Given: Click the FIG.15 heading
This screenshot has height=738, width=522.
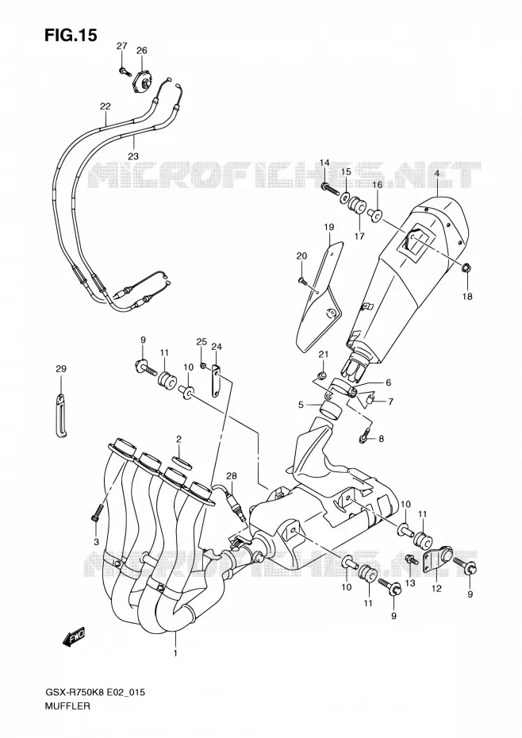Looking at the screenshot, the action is coord(71,34).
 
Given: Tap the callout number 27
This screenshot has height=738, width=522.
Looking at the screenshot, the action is coord(122,46).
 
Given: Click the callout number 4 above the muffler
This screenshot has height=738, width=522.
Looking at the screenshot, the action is coord(437,173).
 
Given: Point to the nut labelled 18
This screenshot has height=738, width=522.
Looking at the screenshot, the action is coord(467,269).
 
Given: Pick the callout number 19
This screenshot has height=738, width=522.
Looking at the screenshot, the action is coord(328,227).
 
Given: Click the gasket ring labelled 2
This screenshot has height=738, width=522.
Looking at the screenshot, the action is coord(182,463).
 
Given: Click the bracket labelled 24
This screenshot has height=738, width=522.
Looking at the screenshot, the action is coord(216,381).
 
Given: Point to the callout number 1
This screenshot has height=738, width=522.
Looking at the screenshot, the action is coord(175,653).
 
